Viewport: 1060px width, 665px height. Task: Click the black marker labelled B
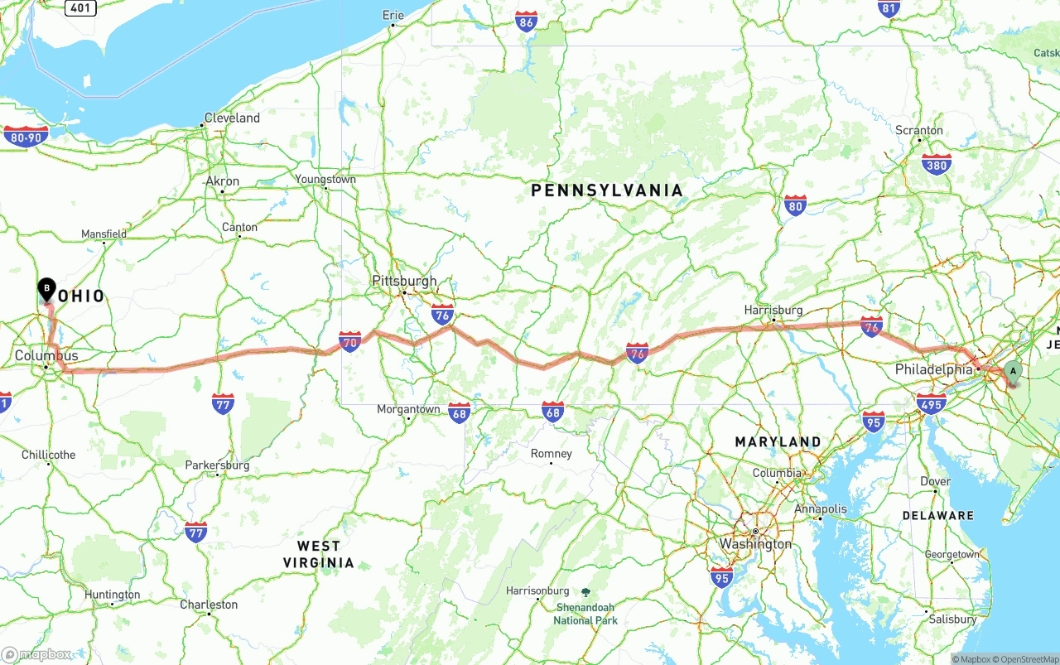tap(47, 289)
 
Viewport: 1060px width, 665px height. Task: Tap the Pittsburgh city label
tap(404, 281)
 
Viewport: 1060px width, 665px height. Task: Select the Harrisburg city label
tap(773, 310)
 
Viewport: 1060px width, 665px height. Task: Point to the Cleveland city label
tap(232, 118)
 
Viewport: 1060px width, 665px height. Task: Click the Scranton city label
tap(918, 130)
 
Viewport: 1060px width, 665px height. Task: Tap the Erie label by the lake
tap(393, 15)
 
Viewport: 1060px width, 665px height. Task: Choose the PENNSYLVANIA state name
tap(607, 190)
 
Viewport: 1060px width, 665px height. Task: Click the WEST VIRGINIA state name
tap(319, 554)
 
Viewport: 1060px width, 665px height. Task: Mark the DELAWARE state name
tap(938, 515)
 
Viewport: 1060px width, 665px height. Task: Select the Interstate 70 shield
tap(350, 341)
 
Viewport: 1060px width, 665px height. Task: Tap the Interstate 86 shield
tap(526, 22)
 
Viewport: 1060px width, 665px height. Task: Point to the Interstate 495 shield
tap(932, 403)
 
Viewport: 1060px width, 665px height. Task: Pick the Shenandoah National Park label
tap(585, 614)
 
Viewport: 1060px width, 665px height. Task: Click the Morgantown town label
tap(408, 409)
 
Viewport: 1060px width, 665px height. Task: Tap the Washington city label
tap(755, 544)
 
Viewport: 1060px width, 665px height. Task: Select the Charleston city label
tap(209, 605)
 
